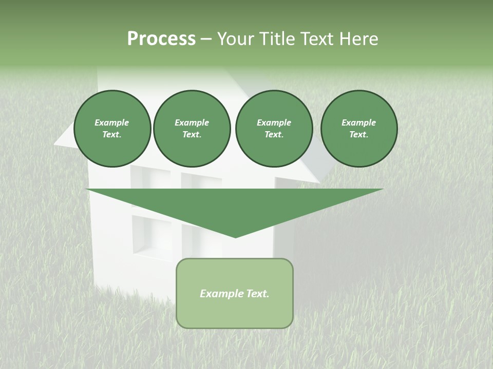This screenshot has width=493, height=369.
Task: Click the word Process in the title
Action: coord(161,39)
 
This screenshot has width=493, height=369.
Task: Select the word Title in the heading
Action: coord(278,39)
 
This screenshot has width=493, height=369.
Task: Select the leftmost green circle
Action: coord(112,129)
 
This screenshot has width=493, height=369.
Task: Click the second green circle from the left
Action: coord(192,129)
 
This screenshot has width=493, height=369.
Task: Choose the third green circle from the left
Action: coord(274,129)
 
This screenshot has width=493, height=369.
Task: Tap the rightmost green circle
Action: coord(359,129)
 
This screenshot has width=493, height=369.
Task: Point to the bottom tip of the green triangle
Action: coord(235,237)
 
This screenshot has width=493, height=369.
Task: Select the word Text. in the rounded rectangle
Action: coord(257,294)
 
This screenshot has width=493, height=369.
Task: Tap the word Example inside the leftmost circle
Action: coord(112,122)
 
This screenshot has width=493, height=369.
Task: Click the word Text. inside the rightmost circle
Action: coord(359,135)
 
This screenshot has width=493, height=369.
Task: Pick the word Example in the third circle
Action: coord(274,122)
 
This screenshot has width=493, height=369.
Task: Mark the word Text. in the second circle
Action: coord(192,135)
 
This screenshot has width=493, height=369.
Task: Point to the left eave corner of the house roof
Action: coord(55,145)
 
